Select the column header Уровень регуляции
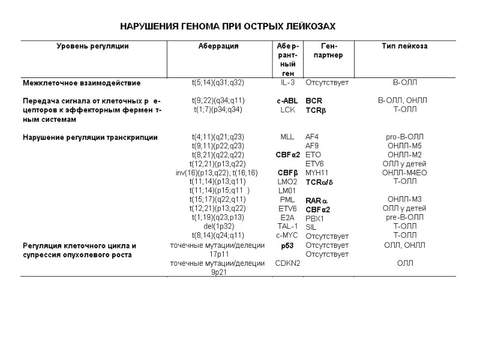point(93,46)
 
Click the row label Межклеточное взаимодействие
point(82,83)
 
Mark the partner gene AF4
point(312,137)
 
